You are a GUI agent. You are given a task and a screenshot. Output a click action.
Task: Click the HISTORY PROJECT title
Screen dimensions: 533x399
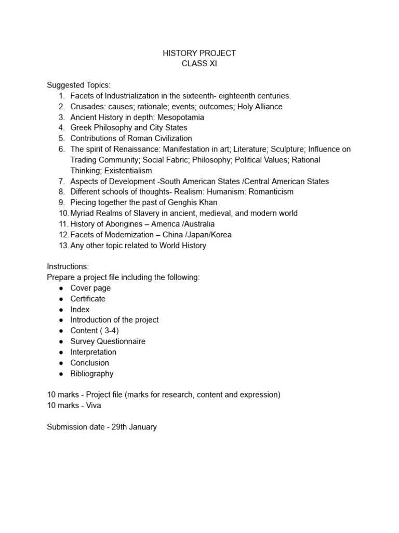pos(199,53)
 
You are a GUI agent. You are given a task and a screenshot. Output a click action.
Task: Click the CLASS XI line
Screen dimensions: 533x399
pos(199,64)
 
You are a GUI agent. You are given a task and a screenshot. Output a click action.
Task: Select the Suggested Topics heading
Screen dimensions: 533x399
pos(78,85)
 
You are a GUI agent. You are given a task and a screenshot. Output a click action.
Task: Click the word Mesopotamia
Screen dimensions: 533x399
pos(180,117)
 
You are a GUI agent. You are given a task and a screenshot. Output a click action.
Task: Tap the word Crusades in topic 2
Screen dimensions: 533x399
pos(85,107)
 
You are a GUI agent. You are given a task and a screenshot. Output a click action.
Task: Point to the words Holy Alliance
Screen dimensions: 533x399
pos(260,107)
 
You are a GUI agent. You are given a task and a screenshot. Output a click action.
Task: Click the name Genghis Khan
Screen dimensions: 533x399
pos(193,202)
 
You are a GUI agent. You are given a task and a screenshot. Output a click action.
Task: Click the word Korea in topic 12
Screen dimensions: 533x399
pos(221,235)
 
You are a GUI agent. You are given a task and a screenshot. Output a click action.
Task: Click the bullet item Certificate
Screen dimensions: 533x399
pos(88,299)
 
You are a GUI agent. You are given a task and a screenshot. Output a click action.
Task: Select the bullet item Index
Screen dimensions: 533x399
pos(80,310)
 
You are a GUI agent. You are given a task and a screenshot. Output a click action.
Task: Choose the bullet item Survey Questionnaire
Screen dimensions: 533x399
pos(108,341)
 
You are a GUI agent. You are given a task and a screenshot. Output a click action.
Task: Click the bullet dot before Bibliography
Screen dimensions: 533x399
pos(61,374)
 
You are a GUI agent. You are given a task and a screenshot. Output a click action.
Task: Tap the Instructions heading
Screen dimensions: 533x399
pos(68,266)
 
